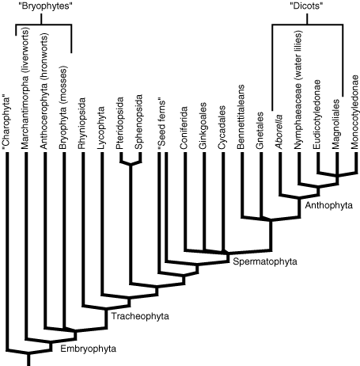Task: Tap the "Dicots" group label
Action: [306, 6]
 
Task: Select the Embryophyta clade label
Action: [88, 349]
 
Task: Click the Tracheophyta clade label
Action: [140, 316]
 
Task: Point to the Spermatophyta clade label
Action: [265, 261]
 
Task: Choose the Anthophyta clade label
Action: [328, 205]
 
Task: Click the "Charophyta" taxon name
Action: [6, 124]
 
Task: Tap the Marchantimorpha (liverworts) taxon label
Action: [25, 88]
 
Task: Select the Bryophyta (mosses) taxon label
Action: [63, 107]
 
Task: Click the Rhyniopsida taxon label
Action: [81, 124]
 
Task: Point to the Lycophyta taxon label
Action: [101, 128]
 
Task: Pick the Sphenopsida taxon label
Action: [138, 122]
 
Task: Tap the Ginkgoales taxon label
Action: [203, 126]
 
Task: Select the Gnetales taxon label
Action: [260, 131]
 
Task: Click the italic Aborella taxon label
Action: [279, 132]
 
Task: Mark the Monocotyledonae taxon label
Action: [354, 112]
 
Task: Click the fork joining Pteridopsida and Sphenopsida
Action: [131, 163]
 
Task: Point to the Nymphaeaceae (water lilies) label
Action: [297, 90]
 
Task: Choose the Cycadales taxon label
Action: [222, 128]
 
